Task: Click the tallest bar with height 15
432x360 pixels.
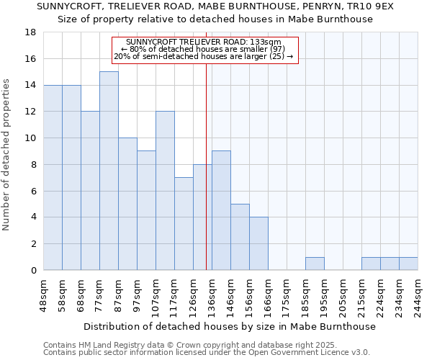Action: [x=109, y=171]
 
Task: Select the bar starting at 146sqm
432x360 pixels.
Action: [x=240, y=237]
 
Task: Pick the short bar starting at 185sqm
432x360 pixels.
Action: [x=315, y=264]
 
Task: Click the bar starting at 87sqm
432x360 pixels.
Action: [x=127, y=204]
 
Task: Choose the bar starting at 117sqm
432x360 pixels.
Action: [x=184, y=223]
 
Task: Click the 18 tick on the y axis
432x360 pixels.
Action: [x=31, y=32]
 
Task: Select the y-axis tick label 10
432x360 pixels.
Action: [x=31, y=138]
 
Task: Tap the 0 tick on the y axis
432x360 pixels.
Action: [x=33, y=271]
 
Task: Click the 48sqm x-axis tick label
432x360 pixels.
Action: [x=44, y=295]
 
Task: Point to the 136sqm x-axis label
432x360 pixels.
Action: [x=212, y=295]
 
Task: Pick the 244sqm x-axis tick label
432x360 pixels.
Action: [x=418, y=295]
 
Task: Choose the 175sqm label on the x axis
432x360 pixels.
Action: [x=287, y=295]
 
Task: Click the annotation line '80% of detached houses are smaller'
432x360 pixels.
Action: [x=204, y=49]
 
